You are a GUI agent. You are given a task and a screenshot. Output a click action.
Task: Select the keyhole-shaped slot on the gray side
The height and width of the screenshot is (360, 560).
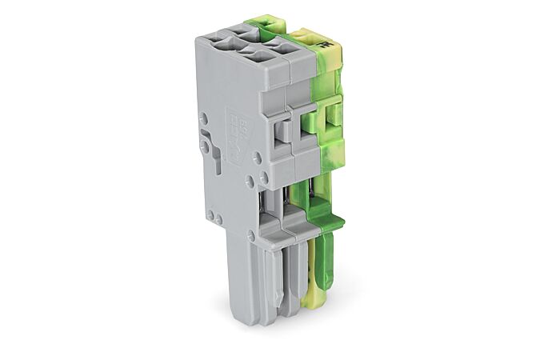pos(206,147)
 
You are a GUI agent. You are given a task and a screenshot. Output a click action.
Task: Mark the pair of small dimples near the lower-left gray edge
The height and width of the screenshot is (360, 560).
pos(213,216)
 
